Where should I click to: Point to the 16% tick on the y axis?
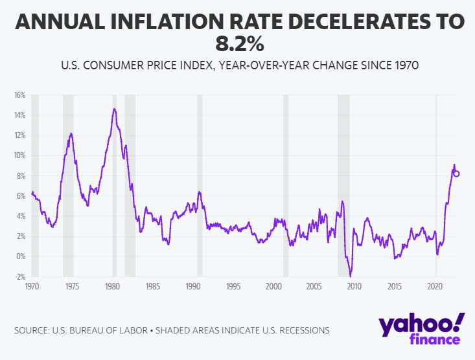point(19,95)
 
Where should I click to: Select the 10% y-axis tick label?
point(19,155)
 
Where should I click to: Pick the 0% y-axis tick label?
point(21,256)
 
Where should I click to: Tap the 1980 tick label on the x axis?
point(113,286)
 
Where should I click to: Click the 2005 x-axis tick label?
point(314,286)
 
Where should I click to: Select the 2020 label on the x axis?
point(435,286)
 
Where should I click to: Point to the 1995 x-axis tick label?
point(233,286)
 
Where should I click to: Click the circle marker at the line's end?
point(456,174)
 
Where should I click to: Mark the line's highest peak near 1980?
point(114,109)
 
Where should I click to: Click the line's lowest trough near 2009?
point(351,276)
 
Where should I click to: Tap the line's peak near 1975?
point(71,133)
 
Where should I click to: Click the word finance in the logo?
point(434,341)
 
